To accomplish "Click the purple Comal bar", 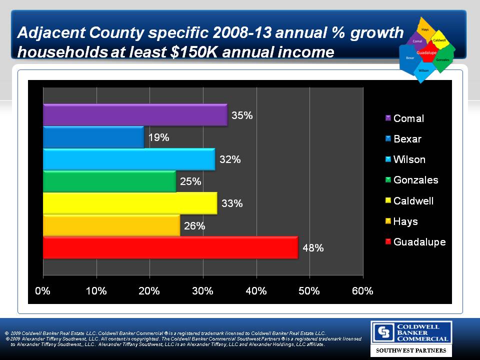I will [x=135, y=114].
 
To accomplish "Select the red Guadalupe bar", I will [x=170, y=247].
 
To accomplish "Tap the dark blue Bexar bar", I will [x=93, y=137].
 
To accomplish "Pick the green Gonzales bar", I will [x=109, y=181].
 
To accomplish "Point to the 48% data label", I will [x=313, y=247].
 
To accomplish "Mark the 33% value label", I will [x=232, y=203].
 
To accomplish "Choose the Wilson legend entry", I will [x=409, y=159].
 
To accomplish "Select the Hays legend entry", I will [x=405, y=221].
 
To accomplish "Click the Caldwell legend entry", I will [x=413, y=201].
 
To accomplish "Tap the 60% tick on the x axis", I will [x=363, y=291].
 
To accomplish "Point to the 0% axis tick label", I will [x=43, y=291].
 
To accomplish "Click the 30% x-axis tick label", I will [x=203, y=291].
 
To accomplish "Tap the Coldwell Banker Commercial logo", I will [x=411, y=332].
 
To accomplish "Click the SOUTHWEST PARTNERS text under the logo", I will [x=411, y=351].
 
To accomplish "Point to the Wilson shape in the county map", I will [x=423, y=70].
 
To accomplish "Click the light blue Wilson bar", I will [x=129, y=159].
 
